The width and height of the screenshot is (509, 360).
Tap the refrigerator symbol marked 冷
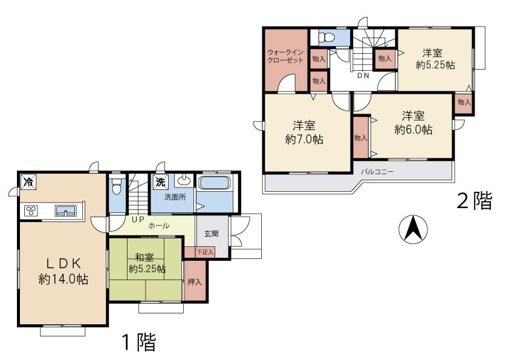tap(28, 182)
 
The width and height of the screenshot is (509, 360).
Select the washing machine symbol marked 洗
tap(160, 182)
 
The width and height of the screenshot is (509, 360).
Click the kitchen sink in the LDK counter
tap(65, 211)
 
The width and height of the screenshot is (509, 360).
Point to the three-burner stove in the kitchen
tap(30, 211)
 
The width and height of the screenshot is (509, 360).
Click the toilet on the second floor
tap(328, 37)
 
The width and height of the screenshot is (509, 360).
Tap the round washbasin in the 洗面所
tap(183, 182)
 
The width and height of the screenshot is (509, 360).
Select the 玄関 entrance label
tap(211, 234)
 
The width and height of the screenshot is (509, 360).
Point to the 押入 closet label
tap(194, 282)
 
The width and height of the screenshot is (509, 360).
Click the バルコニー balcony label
tap(378, 171)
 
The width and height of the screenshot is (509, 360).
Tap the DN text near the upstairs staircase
tap(363, 76)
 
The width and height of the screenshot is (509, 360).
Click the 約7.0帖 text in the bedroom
tap(303, 140)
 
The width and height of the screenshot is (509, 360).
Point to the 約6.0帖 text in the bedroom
tap(413, 129)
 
